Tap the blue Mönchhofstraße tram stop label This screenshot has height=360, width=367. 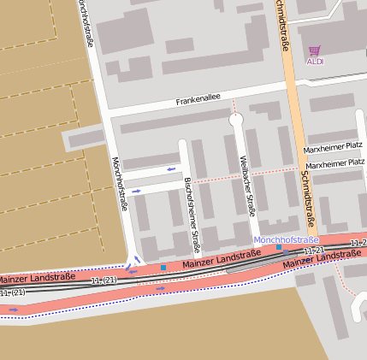[285, 239]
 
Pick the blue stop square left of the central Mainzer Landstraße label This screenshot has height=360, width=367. [163, 268]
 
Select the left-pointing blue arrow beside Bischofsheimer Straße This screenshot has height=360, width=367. [172, 168]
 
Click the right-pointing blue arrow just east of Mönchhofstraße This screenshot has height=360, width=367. [137, 191]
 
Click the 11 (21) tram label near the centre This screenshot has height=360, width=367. [103, 280]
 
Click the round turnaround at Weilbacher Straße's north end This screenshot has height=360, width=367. [236, 120]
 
